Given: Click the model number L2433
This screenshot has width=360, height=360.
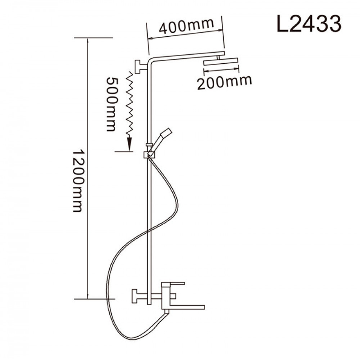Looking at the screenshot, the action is (309, 24).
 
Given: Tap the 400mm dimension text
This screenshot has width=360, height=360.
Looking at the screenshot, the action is (186, 26).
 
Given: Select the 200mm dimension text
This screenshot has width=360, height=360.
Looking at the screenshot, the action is (225, 82).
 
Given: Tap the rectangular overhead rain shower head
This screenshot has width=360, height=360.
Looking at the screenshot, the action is (221, 62).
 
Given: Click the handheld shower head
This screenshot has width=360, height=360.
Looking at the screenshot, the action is (161, 140).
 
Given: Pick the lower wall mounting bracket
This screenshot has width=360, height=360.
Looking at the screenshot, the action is (140, 296).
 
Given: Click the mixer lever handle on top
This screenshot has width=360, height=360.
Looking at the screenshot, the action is (173, 284).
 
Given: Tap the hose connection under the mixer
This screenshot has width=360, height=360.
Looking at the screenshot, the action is (166, 312).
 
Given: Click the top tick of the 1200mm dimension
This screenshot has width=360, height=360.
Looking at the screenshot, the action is (94, 38).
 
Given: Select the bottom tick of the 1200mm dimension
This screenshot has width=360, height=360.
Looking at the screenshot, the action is (94, 299).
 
